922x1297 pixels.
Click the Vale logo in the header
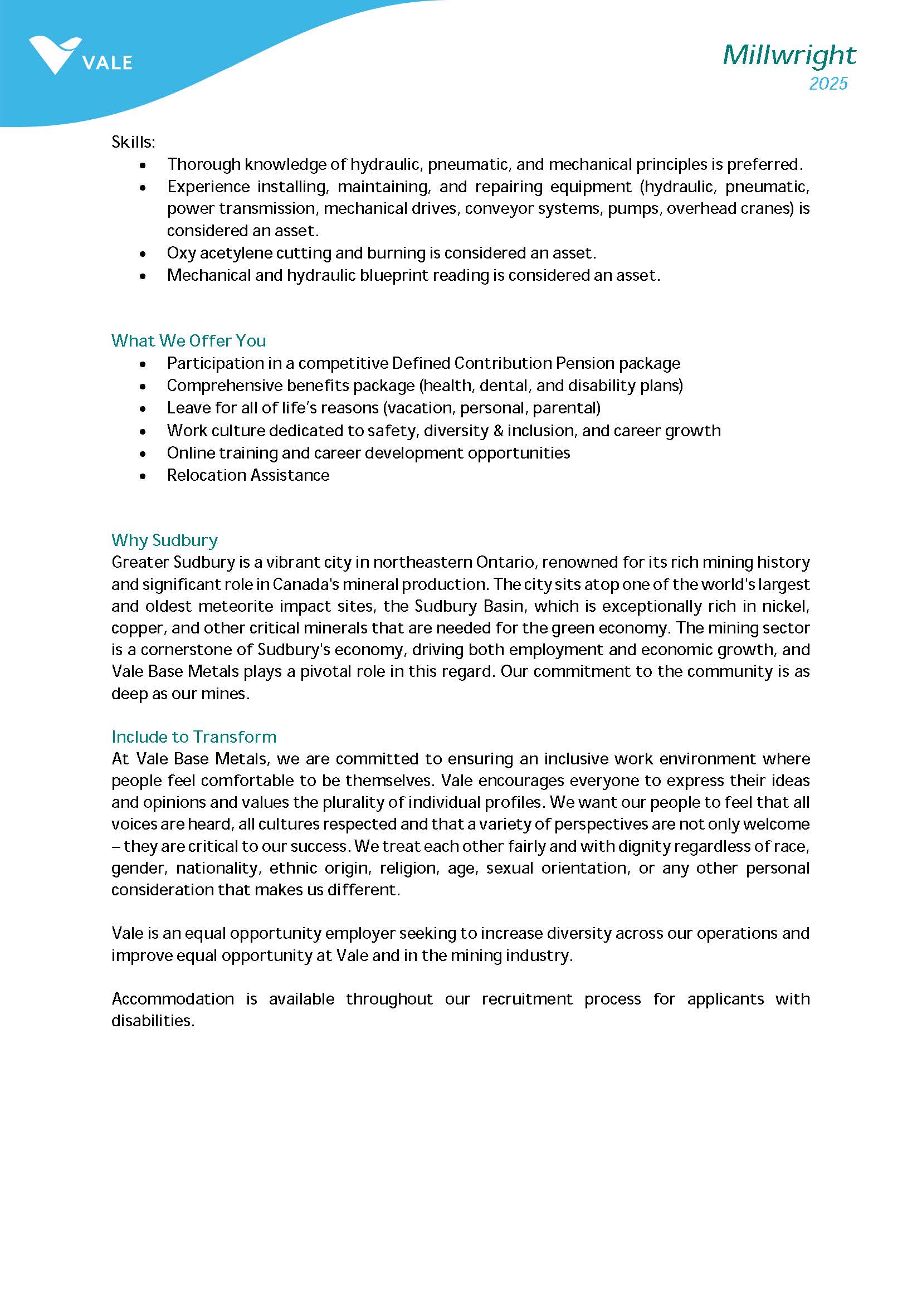[x=80, y=56]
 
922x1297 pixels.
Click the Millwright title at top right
[x=789, y=55]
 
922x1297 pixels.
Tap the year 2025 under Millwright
[x=828, y=84]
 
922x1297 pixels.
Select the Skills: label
[x=133, y=142]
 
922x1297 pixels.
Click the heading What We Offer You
[x=188, y=340]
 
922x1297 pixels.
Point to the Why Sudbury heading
[x=164, y=540]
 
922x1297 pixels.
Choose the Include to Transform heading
[x=194, y=737]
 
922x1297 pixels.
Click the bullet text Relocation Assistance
[x=247, y=475]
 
